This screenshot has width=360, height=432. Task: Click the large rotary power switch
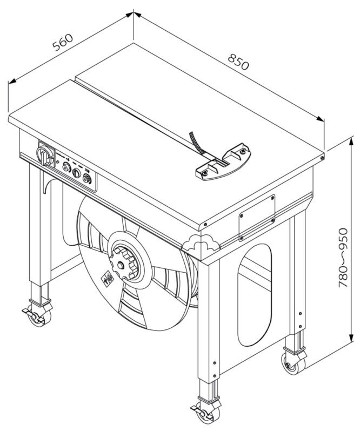point(45,156)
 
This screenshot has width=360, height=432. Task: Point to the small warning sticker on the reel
point(108,280)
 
